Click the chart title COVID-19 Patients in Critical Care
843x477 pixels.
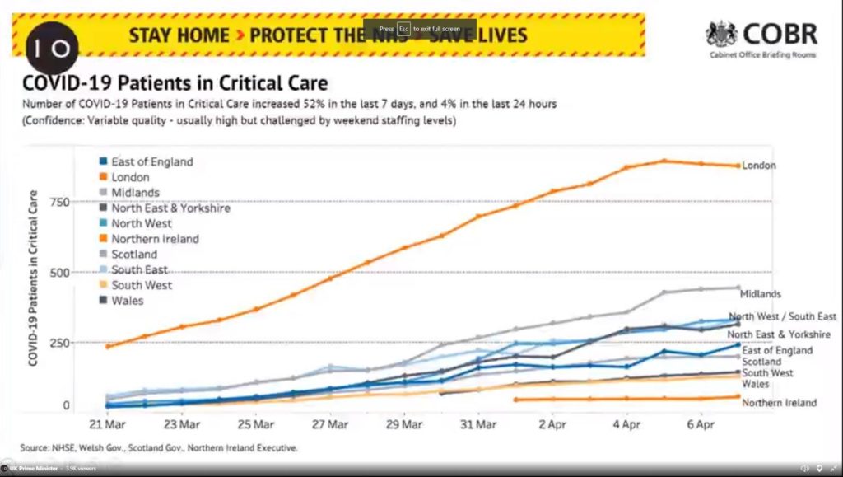pos(175,83)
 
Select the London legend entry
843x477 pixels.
pos(130,177)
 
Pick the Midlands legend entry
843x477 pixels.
pos(135,193)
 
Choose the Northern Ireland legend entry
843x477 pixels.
pos(155,239)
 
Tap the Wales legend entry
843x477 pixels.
pos(128,301)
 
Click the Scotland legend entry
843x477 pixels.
pos(133,255)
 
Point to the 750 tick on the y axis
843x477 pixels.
pos(58,202)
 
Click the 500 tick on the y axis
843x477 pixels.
pos(58,272)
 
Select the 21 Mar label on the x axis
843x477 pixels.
pos(108,426)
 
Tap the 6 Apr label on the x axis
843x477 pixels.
pos(701,426)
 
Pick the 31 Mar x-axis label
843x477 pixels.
pos(478,426)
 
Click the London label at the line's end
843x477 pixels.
pos(759,166)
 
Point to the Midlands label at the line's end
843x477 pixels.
pos(761,293)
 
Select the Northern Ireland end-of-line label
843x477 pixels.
pos(779,403)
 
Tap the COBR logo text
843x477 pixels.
pos(780,34)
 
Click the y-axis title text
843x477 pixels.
pos(34,278)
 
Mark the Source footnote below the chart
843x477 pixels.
pos(159,448)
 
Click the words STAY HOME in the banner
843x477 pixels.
pos(179,35)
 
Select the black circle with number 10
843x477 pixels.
pos(53,46)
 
